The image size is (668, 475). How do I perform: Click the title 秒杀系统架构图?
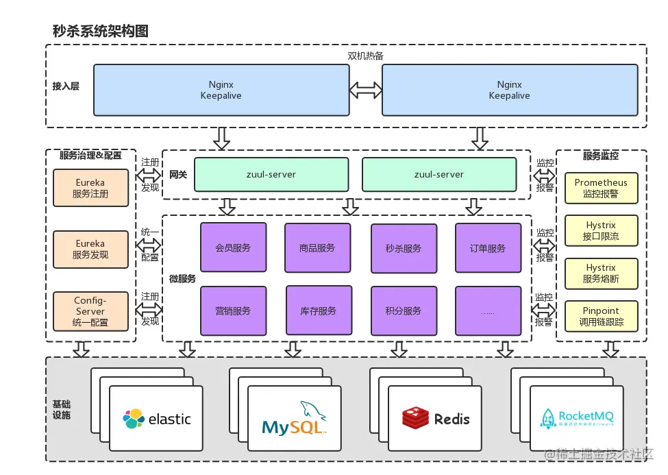coord(100,31)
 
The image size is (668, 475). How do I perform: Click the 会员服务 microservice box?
coord(233,247)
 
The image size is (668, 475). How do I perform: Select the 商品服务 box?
coord(317,247)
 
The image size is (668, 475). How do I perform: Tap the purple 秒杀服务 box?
coord(404,248)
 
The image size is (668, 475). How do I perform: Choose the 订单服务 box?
coord(488,247)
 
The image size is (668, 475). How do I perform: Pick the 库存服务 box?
coord(319,310)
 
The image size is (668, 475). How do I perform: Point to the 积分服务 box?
coord(404,310)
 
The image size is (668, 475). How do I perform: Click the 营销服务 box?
coord(233,310)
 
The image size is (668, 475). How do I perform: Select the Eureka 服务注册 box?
coord(90,188)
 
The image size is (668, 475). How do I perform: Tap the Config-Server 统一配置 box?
coord(90,311)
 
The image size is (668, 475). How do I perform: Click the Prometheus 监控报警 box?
coord(601,188)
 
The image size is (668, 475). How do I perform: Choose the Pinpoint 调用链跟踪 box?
coord(601,317)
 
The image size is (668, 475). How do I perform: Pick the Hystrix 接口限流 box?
coord(601,231)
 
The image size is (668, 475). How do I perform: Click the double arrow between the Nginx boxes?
coord(366,90)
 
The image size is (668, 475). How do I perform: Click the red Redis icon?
coord(415,418)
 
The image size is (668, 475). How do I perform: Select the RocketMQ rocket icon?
coord(548,419)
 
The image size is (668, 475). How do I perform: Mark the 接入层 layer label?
coord(66,86)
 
